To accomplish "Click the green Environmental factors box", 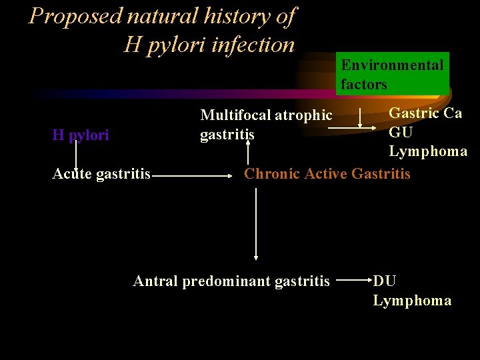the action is (x=392, y=74).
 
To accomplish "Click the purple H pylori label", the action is (x=81, y=135).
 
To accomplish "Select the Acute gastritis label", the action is (x=102, y=175).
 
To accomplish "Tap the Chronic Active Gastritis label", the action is (x=327, y=174).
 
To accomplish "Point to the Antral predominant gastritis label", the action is (x=231, y=281).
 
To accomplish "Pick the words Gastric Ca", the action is (x=425, y=113).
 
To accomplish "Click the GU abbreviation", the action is (x=401, y=132).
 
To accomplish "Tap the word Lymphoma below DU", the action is (x=412, y=301).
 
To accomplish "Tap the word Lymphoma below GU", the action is (x=428, y=151).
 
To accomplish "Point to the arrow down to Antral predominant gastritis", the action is (x=256, y=224).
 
